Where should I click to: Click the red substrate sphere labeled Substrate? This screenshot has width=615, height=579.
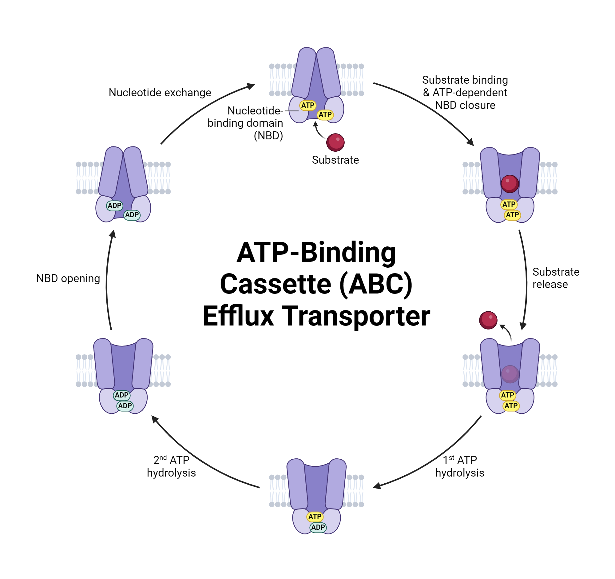pos(335,142)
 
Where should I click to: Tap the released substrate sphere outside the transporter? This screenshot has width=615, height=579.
pos(488,320)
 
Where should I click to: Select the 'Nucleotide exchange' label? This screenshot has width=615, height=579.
pos(160,93)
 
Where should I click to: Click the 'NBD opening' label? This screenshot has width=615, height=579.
pos(68,278)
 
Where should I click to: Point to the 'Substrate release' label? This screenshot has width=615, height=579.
pos(556,278)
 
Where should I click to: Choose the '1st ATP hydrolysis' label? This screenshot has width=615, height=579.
pos(460,466)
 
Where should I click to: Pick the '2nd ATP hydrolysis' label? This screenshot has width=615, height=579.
pos(171,466)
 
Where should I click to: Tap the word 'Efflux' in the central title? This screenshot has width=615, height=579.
pos(238,316)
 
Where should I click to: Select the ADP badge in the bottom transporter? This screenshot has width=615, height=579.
pos(318,527)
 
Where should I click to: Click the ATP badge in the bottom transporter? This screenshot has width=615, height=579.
pos(315,517)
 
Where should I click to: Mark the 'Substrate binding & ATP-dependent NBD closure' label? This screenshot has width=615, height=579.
pos(465,93)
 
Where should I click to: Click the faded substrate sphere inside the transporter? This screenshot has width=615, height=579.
pos(510,374)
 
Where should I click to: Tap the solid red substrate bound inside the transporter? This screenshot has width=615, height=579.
pos(510,183)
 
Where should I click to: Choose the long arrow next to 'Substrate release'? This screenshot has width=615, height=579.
pos(526,278)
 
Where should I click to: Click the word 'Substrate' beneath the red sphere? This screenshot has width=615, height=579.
pos(335,160)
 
